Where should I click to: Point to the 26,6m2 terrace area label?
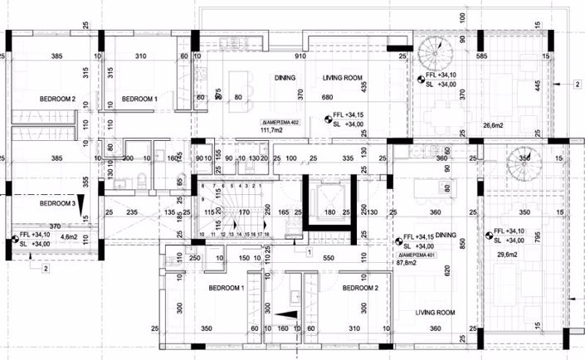point(494,126)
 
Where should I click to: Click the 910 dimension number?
point(299,56)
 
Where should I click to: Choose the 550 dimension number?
point(328,259)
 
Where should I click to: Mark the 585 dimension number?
point(480,56)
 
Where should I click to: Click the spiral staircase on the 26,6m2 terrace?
point(436,56)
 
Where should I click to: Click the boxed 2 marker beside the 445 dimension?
point(576,83)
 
